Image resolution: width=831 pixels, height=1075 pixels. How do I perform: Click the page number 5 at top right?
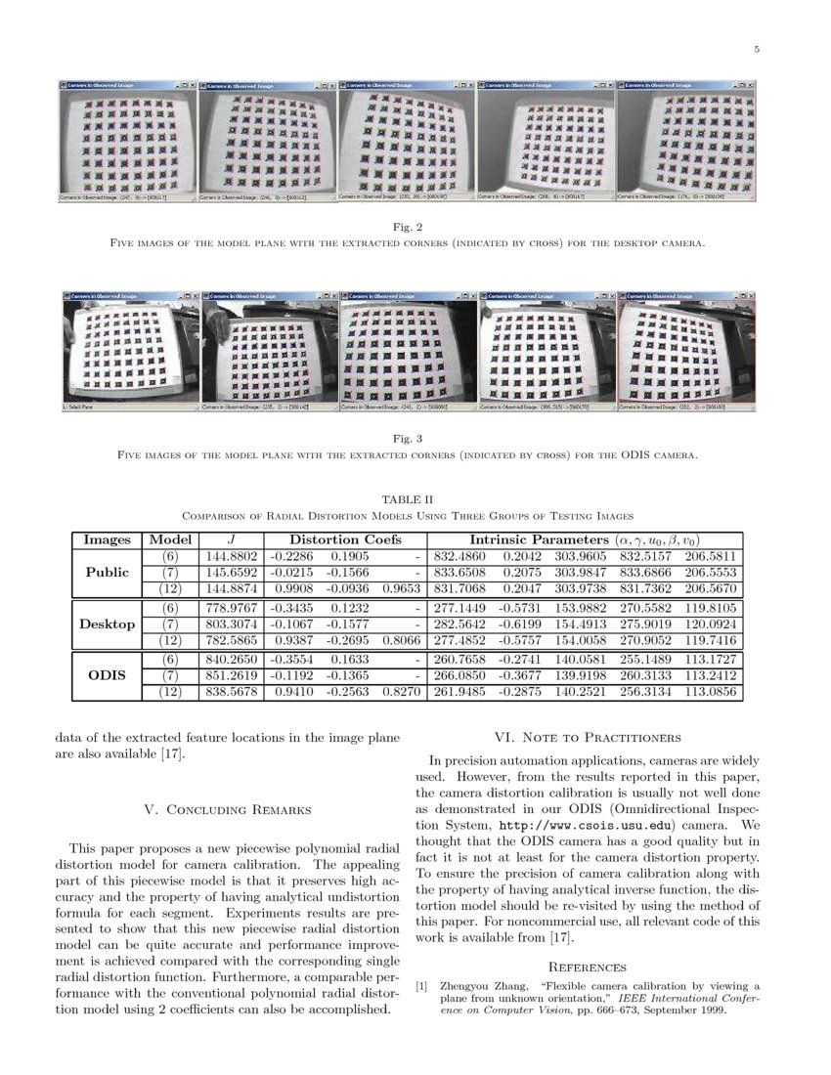pos(757,51)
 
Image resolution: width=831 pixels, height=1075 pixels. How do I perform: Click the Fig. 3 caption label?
pos(415,439)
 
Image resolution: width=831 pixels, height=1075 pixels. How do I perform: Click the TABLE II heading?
pos(415,499)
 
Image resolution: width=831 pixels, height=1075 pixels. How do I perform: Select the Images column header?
pos(108,539)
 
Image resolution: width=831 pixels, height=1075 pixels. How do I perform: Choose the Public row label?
pos(107,572)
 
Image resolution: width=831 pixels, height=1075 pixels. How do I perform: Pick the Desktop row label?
pos(107,623)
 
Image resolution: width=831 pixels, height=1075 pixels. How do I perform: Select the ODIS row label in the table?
pos(107,675)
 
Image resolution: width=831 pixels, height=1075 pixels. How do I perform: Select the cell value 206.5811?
pos(714,555)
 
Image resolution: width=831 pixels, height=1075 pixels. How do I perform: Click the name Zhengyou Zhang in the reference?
pos(484,986)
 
